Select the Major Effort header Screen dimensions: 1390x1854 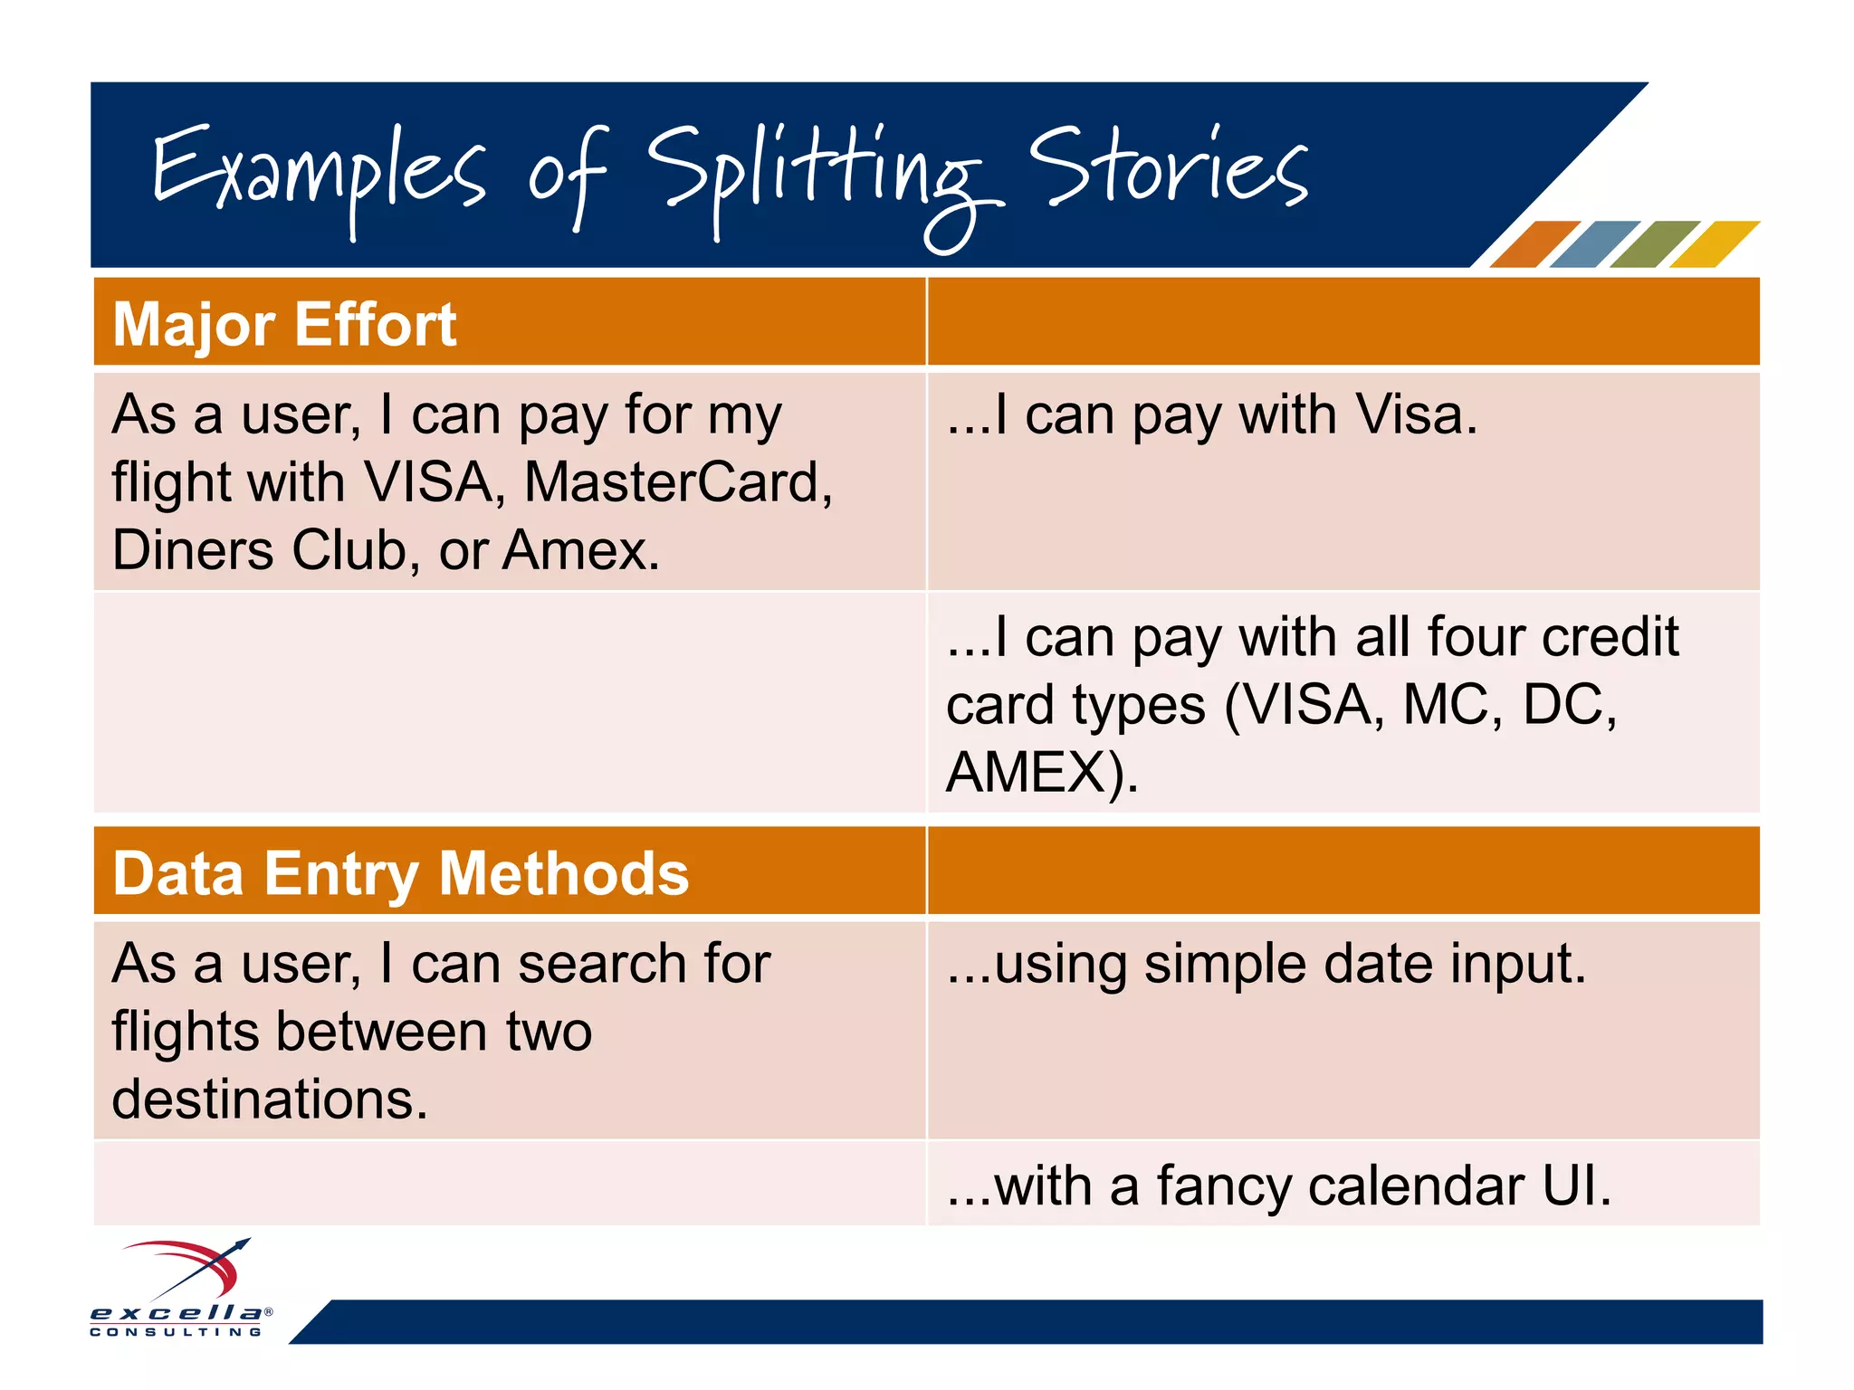pyautogui.click(x=284, y=324)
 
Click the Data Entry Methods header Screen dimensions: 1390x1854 pyautogui.click(x=400, y=873)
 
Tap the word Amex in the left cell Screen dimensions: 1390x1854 pyautogui.click(x=579, y=549)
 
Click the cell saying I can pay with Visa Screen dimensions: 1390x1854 pyautogui.click(x=1211, y=416)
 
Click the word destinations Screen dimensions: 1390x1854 pyautogui.click(x=269, y=1099)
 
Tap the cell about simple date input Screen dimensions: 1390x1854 pyautogui.click(x=1266, y=965)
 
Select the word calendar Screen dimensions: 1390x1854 pyautogui.click(x=1416, y=1186)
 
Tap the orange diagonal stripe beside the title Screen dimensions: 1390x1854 pyautogui.click(x=1534, y=244)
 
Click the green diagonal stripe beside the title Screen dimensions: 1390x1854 pyautogui.click(x=1654, y=244)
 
